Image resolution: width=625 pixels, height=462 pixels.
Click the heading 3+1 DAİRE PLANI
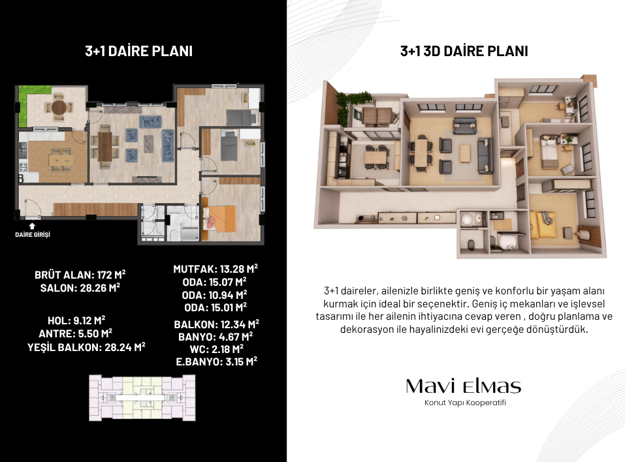138,51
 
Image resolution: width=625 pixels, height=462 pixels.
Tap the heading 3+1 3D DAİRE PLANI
464,51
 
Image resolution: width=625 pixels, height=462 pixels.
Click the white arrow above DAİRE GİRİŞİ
32,226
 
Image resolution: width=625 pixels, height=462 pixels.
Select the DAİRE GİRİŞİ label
33,234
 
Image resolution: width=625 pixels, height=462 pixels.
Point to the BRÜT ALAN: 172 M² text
80,275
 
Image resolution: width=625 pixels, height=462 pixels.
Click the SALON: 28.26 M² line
80,288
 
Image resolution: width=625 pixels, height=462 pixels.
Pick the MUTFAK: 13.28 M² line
216,269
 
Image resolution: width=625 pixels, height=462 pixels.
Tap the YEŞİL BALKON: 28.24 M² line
86,347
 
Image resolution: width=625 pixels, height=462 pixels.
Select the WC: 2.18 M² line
216,349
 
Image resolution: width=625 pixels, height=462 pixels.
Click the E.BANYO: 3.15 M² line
216,362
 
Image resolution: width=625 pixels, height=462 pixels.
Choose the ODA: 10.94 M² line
214,295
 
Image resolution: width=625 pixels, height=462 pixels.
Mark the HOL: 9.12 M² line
76,320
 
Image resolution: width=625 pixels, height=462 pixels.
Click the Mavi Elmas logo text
464,386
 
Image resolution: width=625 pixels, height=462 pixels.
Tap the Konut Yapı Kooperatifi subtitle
465,403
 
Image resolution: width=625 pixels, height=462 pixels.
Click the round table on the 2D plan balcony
59,107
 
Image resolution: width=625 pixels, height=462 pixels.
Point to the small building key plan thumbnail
142,397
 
